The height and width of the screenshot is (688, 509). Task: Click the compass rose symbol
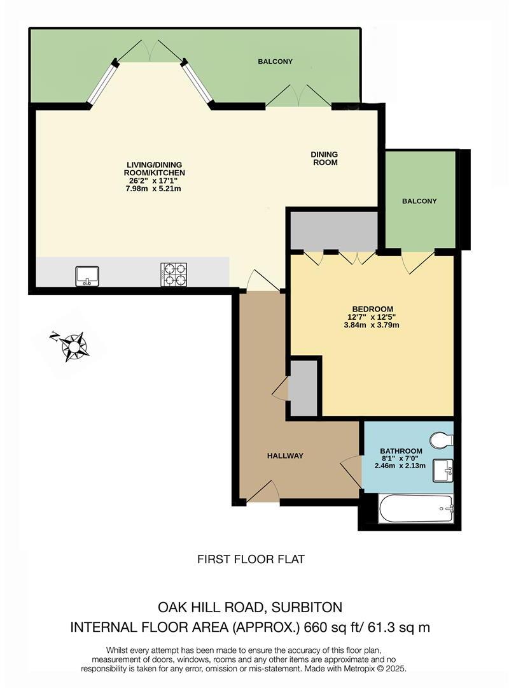coord(73,346)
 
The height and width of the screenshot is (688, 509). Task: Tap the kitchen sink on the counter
coord(87,275)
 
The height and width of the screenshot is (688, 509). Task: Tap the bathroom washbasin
coord(443,471)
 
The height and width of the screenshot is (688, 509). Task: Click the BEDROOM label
coord(371,309)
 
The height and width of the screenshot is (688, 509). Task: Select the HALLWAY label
coord(285,455)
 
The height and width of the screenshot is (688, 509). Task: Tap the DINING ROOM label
coord(324,158)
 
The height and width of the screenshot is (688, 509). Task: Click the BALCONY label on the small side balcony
coord(419,201)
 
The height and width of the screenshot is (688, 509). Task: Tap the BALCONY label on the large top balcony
coord(275,61)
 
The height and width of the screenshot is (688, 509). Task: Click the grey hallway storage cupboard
coord(303,388)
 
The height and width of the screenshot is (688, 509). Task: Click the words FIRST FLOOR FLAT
coord(251,559)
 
